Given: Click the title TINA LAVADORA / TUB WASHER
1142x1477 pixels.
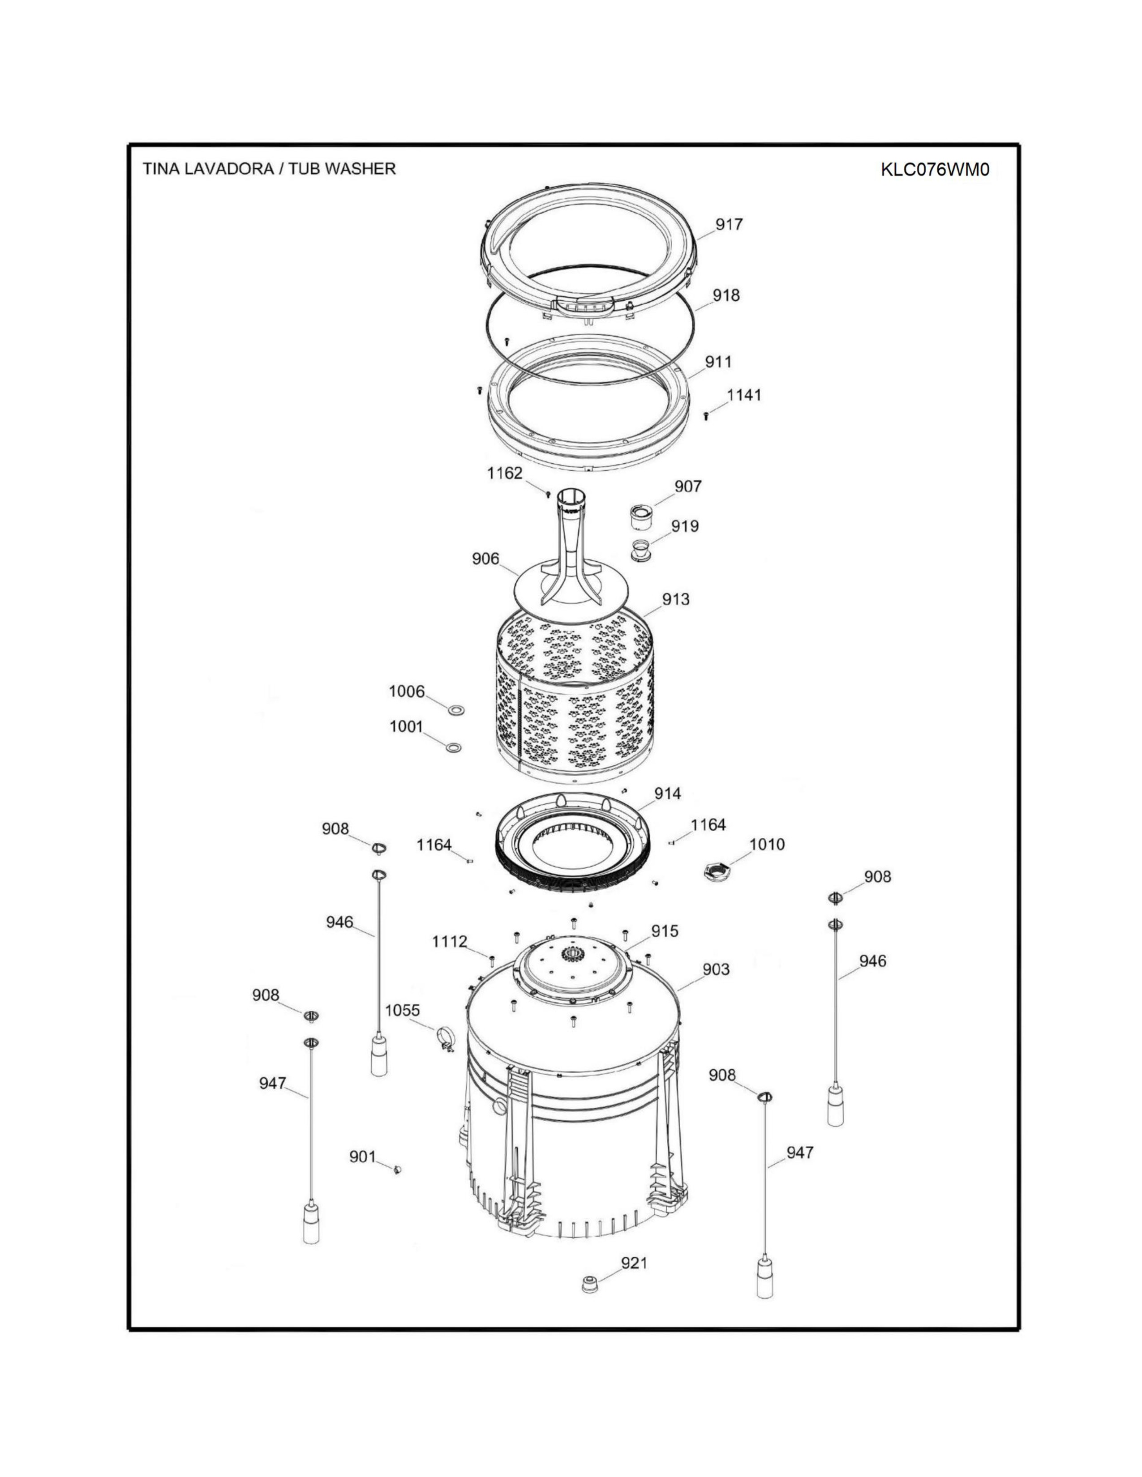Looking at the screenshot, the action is coord(269,168).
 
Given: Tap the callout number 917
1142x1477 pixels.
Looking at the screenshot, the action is coord(729,225).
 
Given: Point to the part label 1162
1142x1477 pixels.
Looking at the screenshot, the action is coord(505,474).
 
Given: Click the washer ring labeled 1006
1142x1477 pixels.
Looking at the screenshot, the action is coord(456,710).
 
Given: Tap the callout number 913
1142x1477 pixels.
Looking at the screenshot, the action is coord(676,599).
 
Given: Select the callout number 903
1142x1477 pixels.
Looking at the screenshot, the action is coord(716,970).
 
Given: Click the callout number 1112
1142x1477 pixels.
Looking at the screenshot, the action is coord(450,941).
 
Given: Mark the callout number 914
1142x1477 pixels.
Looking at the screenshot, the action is coord(668,794).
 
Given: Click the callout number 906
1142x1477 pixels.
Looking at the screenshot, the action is coord(486,559).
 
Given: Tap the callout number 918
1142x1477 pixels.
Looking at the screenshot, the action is coord(726,295).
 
